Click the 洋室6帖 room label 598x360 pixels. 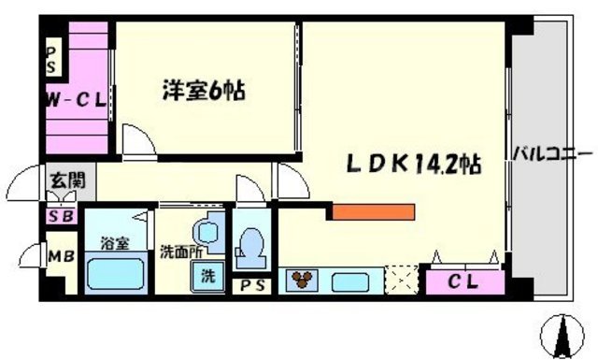tap(204, 93)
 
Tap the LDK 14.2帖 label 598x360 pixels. tap(415, 165)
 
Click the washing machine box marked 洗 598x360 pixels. tap(207, 277)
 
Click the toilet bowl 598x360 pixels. tap(250, 245)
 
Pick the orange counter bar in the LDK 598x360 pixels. tap(373, 210)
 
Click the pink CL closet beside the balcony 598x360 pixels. tap(464, 280)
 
